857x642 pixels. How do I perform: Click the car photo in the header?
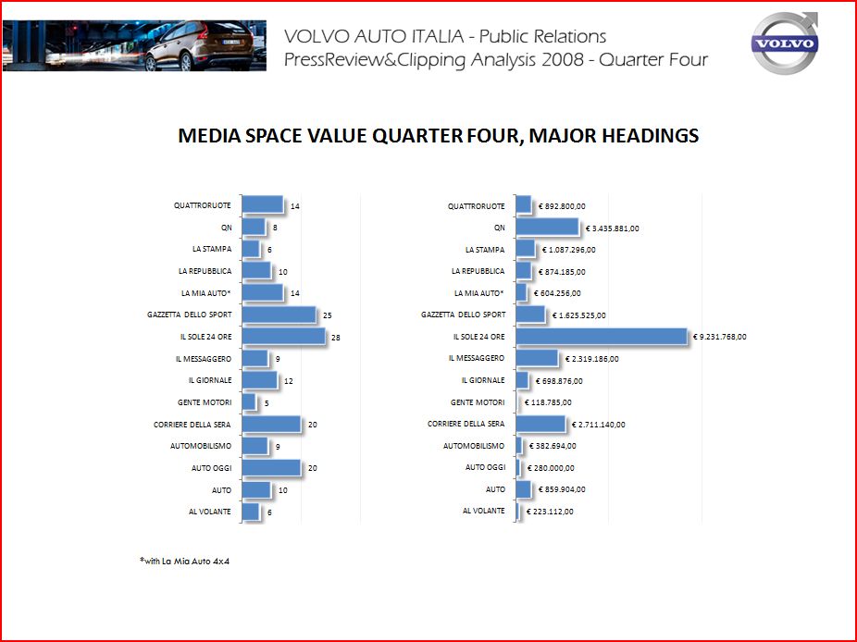134,45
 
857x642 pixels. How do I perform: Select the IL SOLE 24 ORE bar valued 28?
283,337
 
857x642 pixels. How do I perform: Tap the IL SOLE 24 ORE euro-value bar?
602,337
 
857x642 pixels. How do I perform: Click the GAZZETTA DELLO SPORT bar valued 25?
279,315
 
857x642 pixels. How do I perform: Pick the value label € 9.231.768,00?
720,337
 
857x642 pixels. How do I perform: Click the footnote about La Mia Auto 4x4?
184,561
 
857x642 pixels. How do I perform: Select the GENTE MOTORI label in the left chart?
205,402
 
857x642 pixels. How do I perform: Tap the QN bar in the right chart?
547,227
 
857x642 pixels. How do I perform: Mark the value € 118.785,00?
549,402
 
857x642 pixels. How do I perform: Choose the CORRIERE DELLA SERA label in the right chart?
466,424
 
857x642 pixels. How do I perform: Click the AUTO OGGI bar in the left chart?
271,468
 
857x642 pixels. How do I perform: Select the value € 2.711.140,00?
599,425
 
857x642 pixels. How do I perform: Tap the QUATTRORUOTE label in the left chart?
203,205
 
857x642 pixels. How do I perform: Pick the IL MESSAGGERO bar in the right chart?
537,358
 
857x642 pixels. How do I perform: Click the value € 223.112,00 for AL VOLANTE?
550,512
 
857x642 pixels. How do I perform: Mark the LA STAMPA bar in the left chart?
250,249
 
